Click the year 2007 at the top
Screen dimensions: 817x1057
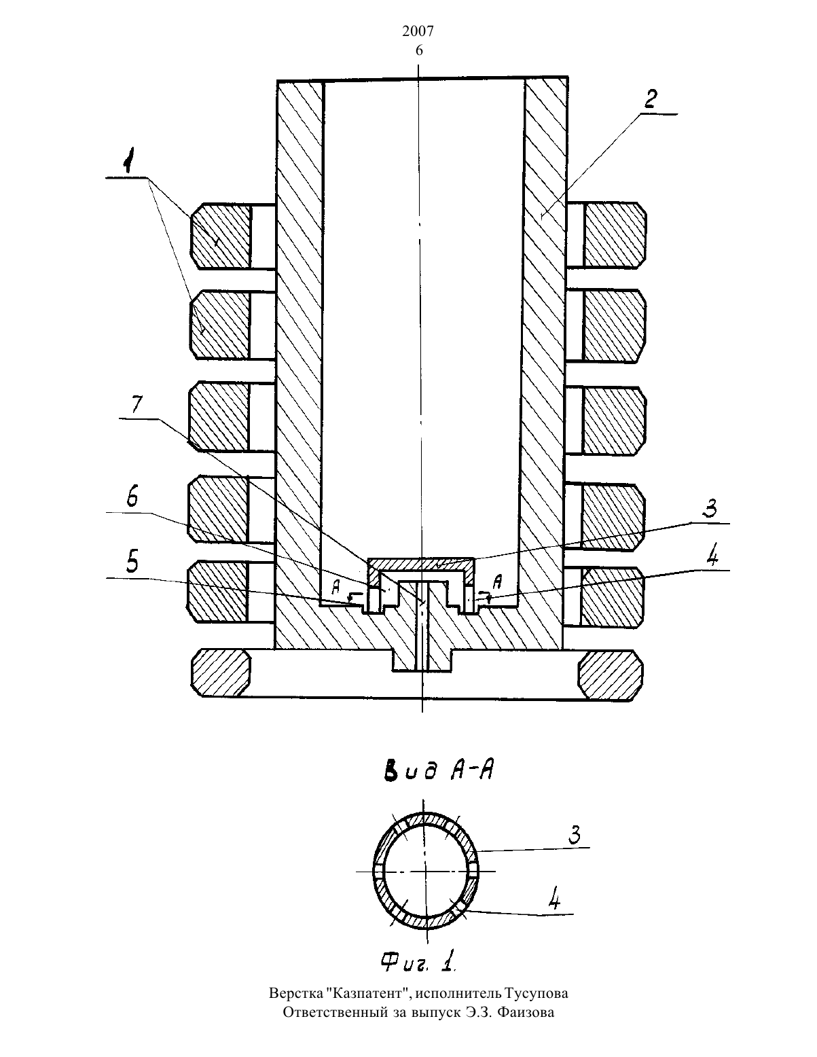418,31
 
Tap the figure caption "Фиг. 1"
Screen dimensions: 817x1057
419,961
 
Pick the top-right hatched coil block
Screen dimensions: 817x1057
615,235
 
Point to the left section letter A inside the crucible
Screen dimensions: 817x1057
335,588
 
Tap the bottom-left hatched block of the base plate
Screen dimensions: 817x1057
221,673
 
